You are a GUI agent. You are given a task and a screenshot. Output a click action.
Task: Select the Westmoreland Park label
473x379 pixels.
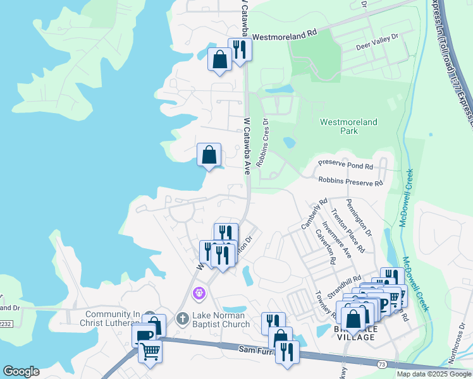click(x=348, y=126)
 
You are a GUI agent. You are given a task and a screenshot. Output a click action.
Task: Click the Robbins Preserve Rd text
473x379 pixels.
click(x=350, y=182)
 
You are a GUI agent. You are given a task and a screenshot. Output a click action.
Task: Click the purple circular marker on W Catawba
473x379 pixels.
click(x=199, y=293)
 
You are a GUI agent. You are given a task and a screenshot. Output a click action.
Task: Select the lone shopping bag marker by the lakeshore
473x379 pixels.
click(x=209, y=154)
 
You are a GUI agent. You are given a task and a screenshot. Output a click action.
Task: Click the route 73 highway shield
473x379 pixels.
click(x=381, y=364)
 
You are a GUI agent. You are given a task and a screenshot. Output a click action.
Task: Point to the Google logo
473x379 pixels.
click(x=21, y=371)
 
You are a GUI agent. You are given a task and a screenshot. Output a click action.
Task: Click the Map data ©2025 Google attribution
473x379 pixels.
click(x=433, y=374)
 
